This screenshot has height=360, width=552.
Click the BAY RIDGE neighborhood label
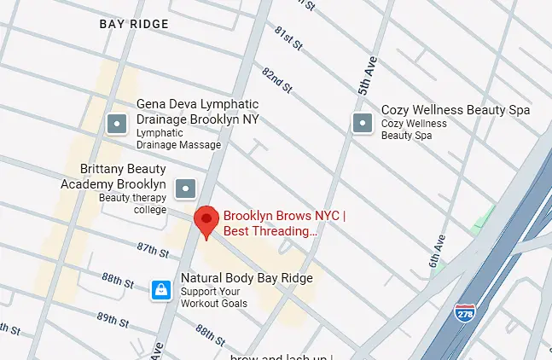134,24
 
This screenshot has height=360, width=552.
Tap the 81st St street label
288,38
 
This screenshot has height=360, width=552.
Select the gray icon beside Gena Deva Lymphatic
117,125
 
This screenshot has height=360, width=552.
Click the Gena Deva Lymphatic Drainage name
197,112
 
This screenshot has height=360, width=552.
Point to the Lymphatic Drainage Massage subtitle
179,138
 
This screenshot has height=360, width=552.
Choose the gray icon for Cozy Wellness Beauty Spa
362,124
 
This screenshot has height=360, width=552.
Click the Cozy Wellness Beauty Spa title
455,110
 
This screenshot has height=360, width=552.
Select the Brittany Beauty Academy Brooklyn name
113,177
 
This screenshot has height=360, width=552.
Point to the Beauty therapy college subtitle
132,203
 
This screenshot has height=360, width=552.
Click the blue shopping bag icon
160,290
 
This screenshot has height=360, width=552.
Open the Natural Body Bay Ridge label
246,278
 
